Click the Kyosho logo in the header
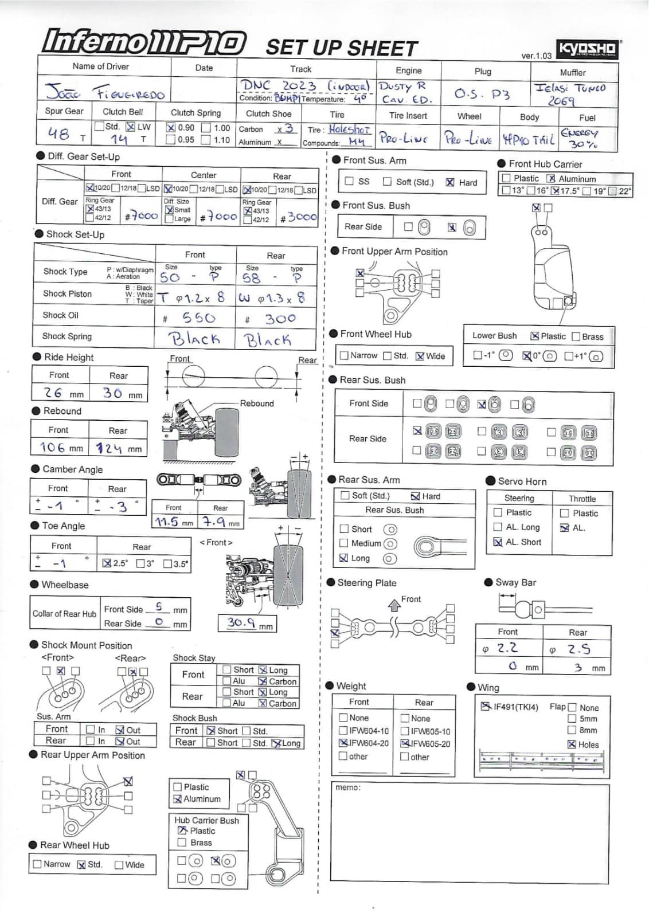587,49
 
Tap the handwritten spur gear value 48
59,134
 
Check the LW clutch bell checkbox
130,127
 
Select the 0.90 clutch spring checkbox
171,128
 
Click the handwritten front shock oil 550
198,318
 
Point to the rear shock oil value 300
280,319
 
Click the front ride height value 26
53,393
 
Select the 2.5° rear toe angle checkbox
107,563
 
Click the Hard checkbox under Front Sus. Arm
450,182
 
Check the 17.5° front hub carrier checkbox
555,191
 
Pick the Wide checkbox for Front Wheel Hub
420,356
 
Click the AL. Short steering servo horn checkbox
498,542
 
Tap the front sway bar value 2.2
507,648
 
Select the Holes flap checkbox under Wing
572,744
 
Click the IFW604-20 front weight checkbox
343,743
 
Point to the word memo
348,787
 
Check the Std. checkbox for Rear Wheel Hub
81,865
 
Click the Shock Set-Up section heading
75,234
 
